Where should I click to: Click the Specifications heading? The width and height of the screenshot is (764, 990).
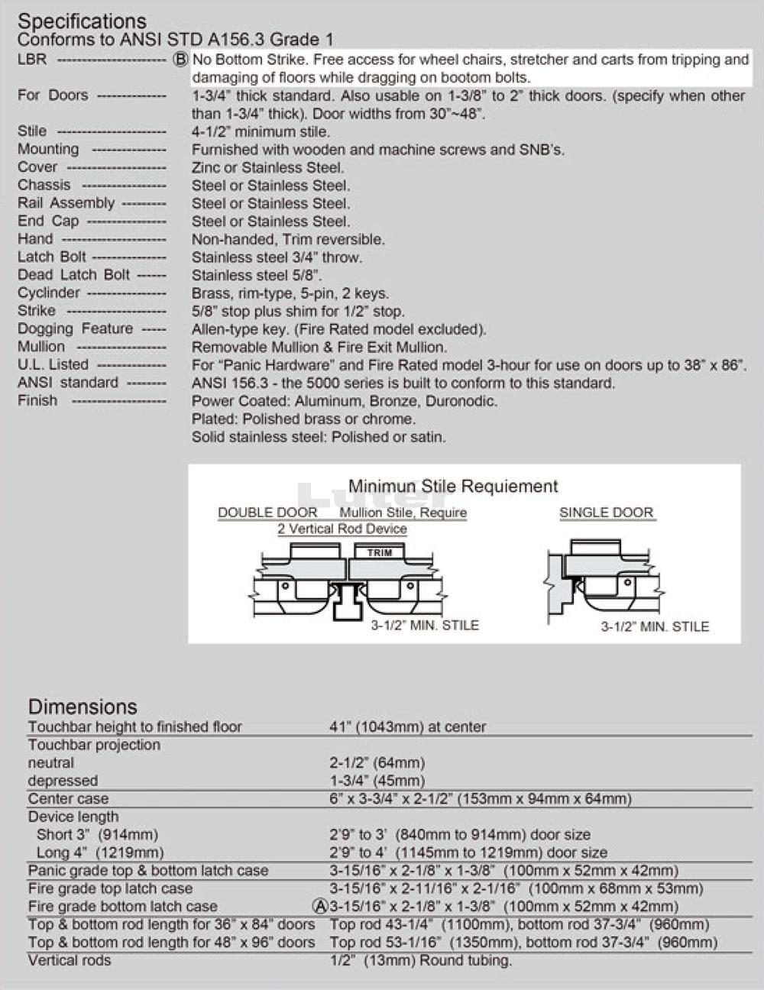pos(82,21)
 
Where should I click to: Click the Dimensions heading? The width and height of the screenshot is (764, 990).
pos(83,707)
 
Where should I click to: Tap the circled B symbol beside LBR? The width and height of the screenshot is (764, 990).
pos(181,60)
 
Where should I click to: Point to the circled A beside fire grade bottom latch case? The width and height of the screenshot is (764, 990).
pos(321,906)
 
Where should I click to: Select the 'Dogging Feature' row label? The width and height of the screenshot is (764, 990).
pos(76,328)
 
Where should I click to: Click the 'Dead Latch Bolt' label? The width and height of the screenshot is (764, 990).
pos(74,275)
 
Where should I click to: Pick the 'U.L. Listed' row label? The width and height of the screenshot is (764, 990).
pos(53,364)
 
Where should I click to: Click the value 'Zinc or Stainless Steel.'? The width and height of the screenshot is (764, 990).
pos(268,167)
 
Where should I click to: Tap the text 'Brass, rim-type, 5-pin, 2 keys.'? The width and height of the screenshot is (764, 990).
pos(290,293)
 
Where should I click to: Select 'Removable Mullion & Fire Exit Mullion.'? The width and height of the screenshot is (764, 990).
pos(319,347)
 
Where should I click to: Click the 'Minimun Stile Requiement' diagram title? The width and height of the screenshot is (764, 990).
pos(453,487)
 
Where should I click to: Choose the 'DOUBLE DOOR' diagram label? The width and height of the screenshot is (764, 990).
pos(267,513)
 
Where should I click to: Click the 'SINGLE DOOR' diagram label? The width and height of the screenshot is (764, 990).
pos(607,513)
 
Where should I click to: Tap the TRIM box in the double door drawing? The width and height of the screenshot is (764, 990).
pos(380,552)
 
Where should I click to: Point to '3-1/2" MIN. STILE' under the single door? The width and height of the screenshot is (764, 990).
pos(655,626)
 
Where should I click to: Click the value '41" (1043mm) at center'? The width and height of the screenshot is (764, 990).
pos(407,726)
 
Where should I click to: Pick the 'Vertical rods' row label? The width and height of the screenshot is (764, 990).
pos(70,960)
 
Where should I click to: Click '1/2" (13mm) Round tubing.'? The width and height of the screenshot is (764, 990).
pos(420,960)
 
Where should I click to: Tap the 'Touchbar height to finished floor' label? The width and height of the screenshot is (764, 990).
pos(135,726)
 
